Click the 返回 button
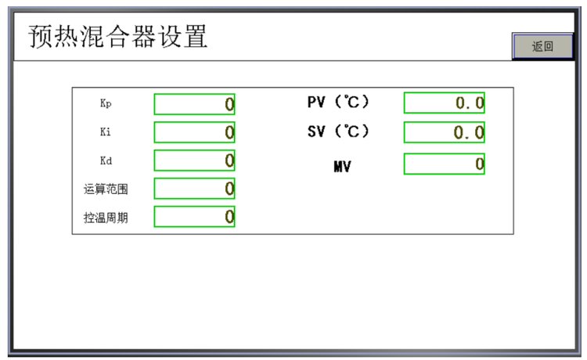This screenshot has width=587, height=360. (542, 46)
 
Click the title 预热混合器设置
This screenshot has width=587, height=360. (118, 37)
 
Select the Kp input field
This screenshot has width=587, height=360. (194, 104)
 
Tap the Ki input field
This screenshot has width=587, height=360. (194, 132)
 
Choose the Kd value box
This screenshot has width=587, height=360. (194, 160)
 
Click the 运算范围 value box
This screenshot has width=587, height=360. (194, 189)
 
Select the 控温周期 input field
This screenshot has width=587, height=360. (194, 217)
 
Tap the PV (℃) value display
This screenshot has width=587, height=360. (444, 103)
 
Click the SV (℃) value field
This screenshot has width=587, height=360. (444, 132)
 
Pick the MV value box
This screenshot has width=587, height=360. (444, 164)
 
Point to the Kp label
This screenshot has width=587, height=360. (106, 103)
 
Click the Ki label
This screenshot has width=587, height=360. (106, 131)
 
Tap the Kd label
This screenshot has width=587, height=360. (106, 160)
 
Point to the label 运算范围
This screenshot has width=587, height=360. (106, 189)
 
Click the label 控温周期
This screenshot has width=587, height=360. (106, 218)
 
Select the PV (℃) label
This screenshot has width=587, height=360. (337, 102)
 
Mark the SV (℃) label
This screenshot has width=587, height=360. (337, 131)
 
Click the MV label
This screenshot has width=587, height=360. (342, 166)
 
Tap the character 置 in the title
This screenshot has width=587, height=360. (195, 37)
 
